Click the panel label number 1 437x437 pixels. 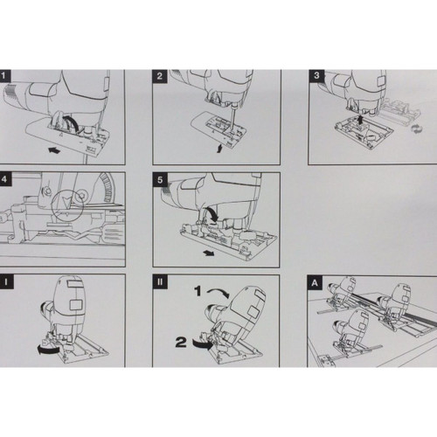click(x=4, y=76)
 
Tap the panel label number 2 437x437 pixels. click(x=160, y=76)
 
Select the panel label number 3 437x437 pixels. click(x=316, y=76)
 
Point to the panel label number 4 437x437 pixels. click(x=4, y=178)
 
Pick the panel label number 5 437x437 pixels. click(x=160, y=179)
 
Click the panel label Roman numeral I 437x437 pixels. click(x=6, y=281)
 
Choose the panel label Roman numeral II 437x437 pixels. click(x=160, y=282)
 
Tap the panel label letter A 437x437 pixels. click(x=315, y=282)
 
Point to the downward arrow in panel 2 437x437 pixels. click(x=219, y=149)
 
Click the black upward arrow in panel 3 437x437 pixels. click(x=360, y=120)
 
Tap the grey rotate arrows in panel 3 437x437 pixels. click(x=417, y=128)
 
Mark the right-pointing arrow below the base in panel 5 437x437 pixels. click(x=209, y=253)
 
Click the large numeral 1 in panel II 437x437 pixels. click(x=198, y=290)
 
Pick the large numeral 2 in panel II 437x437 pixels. click(x=181, y=342)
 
